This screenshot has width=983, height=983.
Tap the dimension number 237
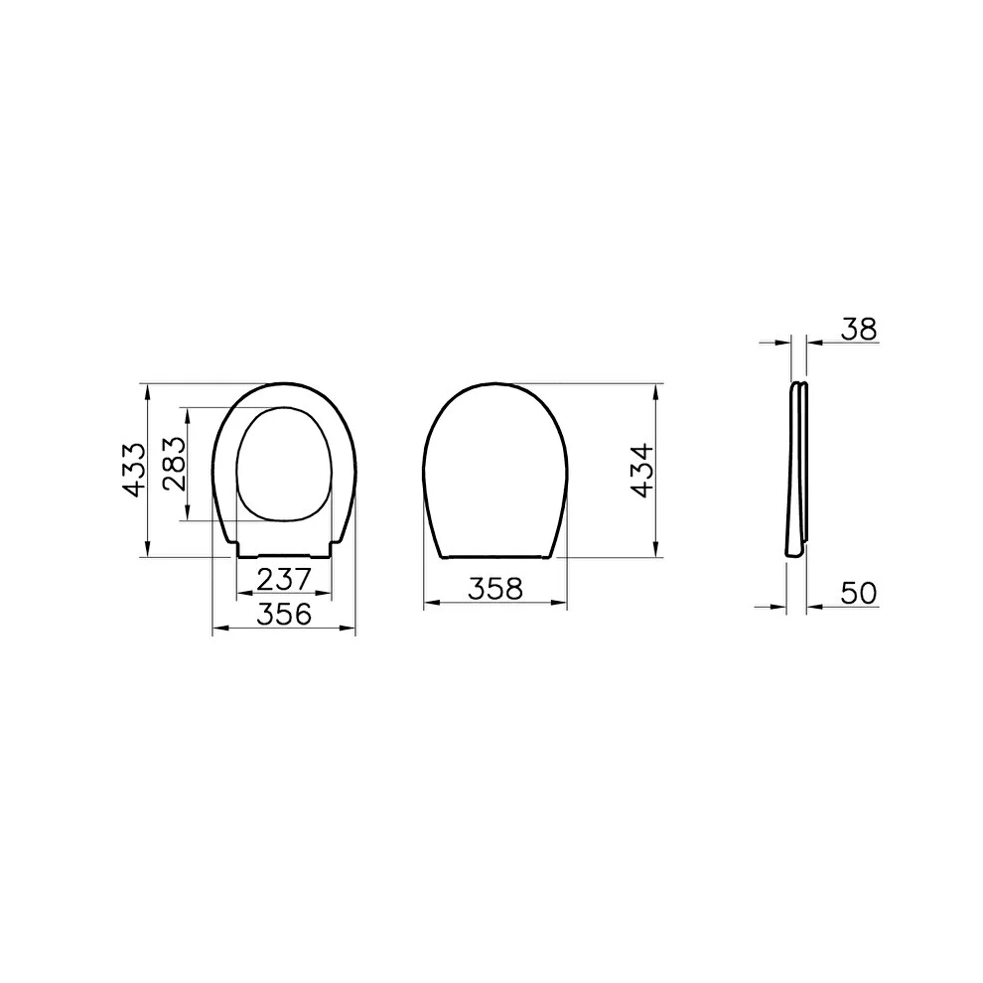284,577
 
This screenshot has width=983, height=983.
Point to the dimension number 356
285,615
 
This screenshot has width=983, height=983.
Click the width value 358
494,588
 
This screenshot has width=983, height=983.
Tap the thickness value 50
857,593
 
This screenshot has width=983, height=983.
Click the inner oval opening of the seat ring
285,462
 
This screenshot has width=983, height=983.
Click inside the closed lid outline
494,467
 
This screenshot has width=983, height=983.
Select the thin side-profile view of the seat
797,467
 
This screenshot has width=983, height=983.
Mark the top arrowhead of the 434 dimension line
656,388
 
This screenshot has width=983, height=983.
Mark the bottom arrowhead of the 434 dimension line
656,550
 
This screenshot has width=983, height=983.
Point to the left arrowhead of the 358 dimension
430,603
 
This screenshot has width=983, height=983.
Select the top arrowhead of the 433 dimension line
148,388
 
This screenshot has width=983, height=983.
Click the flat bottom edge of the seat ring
285,553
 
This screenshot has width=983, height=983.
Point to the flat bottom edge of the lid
494,556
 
